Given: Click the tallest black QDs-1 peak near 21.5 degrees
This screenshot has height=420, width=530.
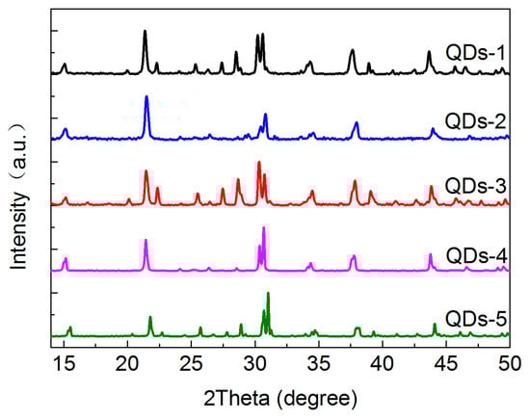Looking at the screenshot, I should pyautogui.click(x=146, y=33).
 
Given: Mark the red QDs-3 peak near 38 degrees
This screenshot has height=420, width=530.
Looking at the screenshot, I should pyautogui.click(x=355, y=182).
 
